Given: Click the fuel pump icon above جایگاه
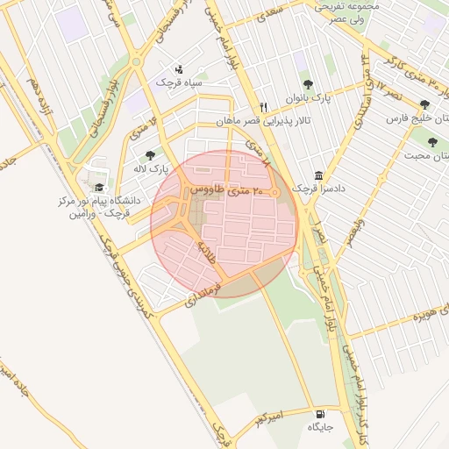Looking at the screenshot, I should pos(317,413).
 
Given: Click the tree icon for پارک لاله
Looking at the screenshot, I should pos(151,154).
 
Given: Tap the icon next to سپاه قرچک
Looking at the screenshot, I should pos(179,69).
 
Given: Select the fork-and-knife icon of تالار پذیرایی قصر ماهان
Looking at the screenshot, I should pos(262,107).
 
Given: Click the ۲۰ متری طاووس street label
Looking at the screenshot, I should pos(226,189).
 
